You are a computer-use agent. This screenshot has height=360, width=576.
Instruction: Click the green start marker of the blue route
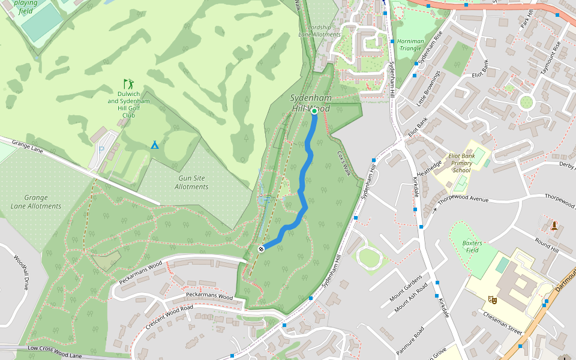point(314,111)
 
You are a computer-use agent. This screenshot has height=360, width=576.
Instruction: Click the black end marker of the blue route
point(261,249)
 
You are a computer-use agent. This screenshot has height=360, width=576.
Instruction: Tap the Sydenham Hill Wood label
point(310,103)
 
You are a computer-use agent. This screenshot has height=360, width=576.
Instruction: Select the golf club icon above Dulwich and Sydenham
point(128,83)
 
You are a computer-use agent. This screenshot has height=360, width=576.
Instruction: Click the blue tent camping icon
point(155,145)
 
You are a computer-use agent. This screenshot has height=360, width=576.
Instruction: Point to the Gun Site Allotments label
point(191,182)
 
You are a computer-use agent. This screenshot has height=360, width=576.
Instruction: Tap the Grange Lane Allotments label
point(35,202)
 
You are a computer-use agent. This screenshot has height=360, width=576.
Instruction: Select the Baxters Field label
point(472,246)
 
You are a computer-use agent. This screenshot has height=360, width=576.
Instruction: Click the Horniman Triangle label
point(410,45)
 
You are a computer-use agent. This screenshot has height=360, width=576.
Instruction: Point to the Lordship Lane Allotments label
point(319,31)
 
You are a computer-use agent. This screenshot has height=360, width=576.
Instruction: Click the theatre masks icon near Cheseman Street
point(493,299)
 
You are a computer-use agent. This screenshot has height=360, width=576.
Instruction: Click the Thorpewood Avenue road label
point(463,199)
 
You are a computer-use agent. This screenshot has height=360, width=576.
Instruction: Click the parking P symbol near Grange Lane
point(101,150)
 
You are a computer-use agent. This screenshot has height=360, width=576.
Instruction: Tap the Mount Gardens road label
point(406,287)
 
